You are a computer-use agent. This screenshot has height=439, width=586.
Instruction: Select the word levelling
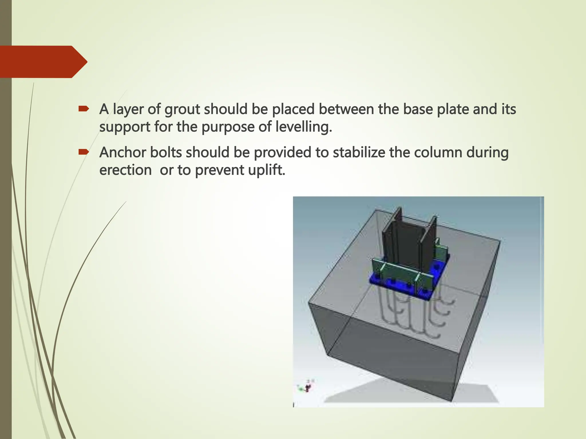[304, 127]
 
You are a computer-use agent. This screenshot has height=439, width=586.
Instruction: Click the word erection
[125, 170]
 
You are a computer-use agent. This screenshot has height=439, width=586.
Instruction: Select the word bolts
[166, 152]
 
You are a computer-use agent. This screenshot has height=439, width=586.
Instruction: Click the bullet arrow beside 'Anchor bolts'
[84, 152]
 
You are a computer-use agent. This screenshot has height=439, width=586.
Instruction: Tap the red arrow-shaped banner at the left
[43, 62]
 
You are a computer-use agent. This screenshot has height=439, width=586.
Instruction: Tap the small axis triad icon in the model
[307, 387]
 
